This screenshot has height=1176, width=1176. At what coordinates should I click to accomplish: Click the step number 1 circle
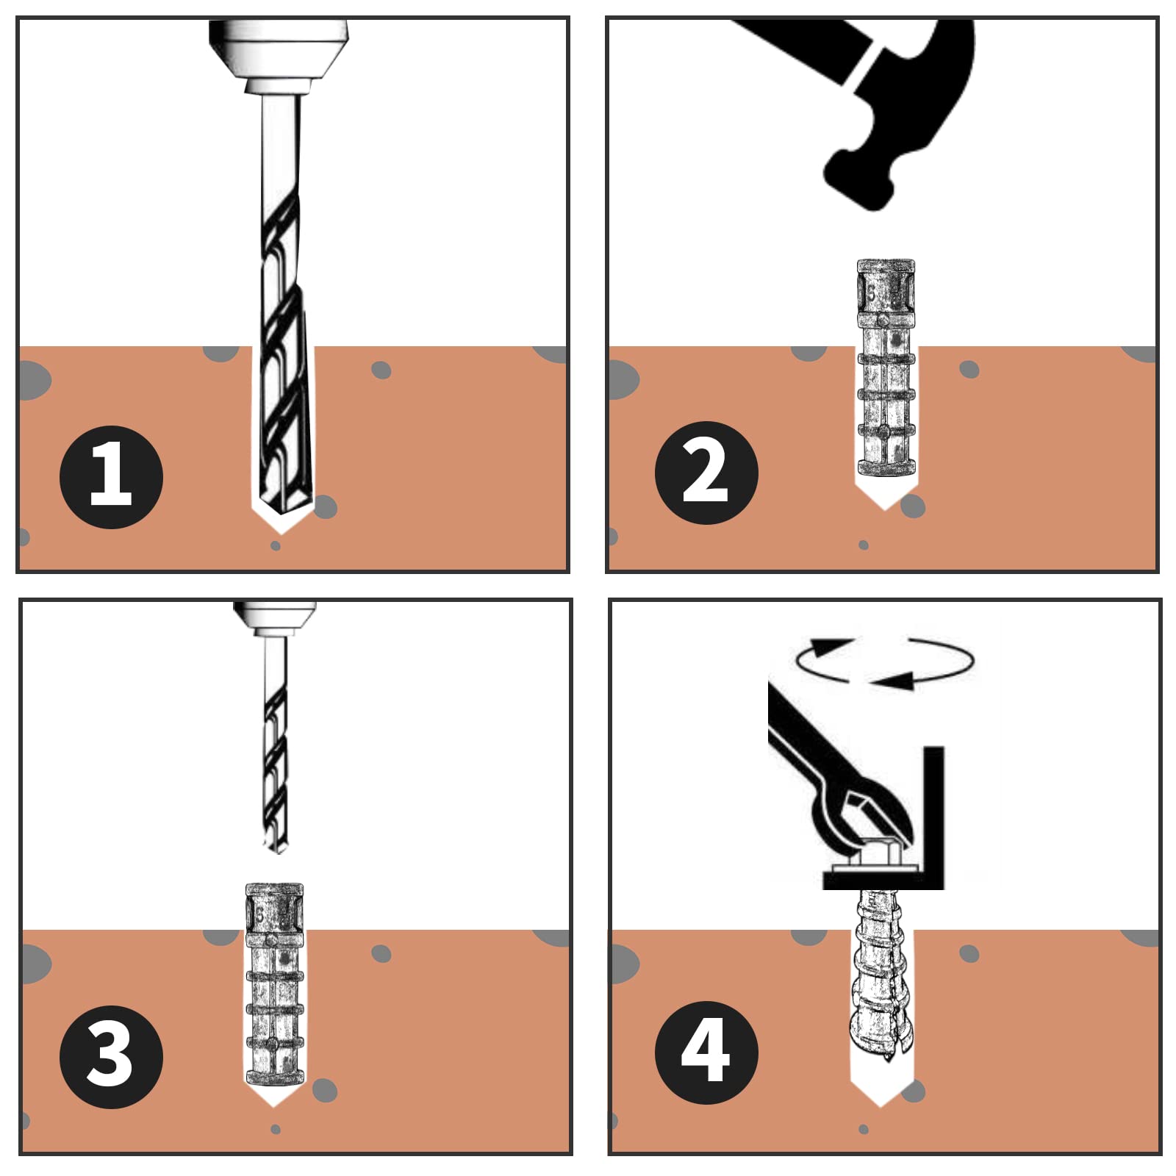click(111, 477)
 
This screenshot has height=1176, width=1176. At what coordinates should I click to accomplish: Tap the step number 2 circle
click(706, 473)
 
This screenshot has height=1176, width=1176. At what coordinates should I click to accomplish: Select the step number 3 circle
click(111, 1057)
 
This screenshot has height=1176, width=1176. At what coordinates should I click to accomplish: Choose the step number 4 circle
click(706, 1053)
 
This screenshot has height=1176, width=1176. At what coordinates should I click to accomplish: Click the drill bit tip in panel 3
click(276, 849)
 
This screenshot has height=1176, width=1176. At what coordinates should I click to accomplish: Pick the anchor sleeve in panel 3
click(274, 984)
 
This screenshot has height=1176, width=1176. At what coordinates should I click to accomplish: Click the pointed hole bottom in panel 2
click(885, 496)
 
